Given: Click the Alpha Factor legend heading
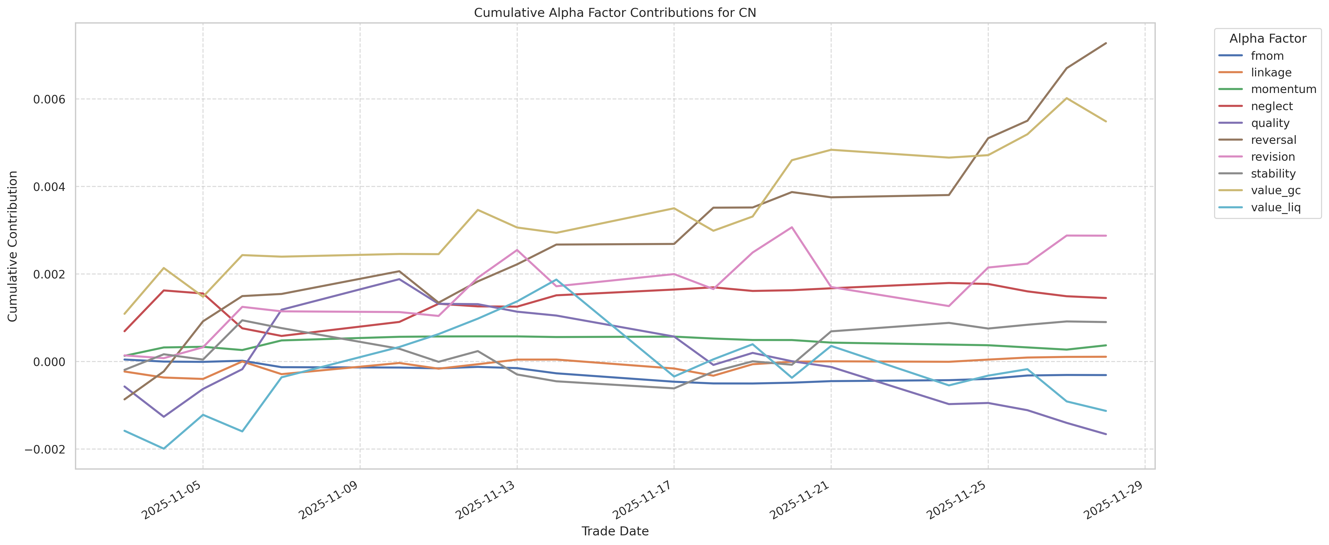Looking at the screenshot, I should (x=1268, y=39).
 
